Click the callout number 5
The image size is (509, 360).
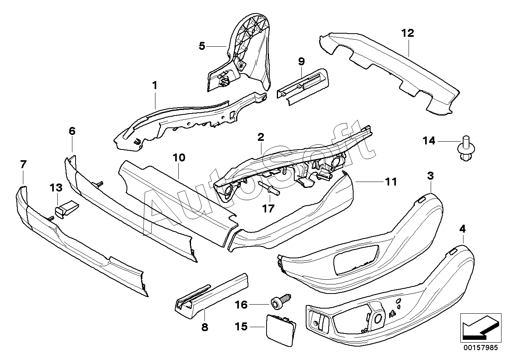[x=202, y=46]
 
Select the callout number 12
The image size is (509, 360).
[x=408, y=33]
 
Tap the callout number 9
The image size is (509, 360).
[x=301, y=62]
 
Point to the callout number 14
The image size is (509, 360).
[x=429, y=141]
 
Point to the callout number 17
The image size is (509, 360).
[x=268, y=208]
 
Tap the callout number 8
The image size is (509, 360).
[x=204, y=327]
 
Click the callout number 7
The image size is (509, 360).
[x=23, y=165]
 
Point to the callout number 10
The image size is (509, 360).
[x=179, y=157]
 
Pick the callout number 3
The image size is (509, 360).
[x=430, y=176]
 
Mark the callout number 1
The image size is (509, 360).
[x=155, y=86]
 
